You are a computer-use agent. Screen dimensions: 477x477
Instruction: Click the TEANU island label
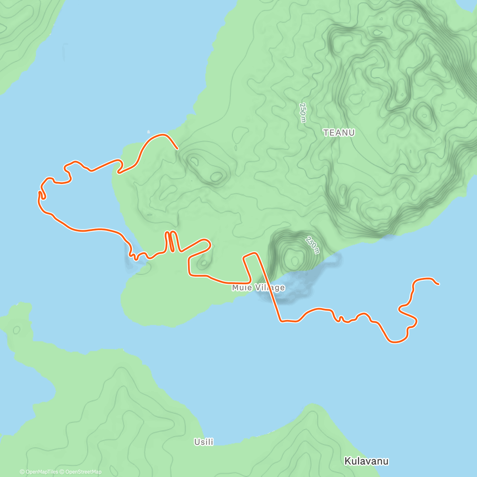click(339, 133)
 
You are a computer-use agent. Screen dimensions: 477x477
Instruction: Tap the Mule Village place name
click(258, 287)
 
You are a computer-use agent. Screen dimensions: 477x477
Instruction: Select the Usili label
click(204, 442)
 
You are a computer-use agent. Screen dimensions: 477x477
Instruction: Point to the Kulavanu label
click(366, 461)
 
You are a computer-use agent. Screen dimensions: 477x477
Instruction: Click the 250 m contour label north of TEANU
click(303, 113)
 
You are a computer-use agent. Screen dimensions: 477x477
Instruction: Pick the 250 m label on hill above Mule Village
click(312, 245)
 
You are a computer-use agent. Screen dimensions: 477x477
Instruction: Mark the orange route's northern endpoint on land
click(177, 149)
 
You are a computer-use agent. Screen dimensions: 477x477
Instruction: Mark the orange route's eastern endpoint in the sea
click(438, 284)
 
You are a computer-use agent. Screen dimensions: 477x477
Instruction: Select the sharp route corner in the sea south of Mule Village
click(281, 321)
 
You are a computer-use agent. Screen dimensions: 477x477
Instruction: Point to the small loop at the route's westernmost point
click(41, 195)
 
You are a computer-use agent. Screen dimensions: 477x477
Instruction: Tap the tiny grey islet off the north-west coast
click(149, 132)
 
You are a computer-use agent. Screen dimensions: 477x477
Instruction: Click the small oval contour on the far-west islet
click(16, 330)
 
